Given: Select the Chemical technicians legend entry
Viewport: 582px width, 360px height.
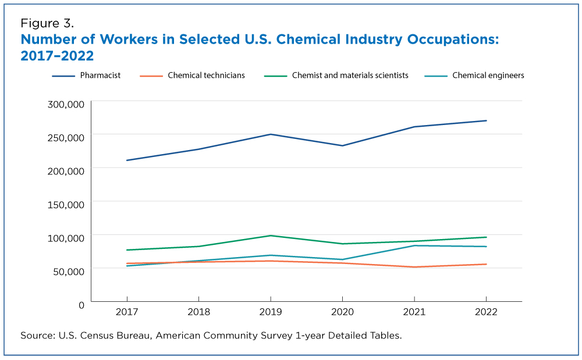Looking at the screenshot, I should tap(206, 76).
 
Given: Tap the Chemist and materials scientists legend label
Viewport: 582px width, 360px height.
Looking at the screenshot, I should tap(350, 76).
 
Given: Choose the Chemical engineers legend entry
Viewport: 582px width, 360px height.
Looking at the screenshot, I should tap(488, 76).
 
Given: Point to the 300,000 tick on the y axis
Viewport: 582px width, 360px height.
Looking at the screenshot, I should tap(66, 105).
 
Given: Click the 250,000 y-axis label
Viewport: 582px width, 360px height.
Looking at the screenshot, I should tap(66, 138).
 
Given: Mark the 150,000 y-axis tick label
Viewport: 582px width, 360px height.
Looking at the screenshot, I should tap(66, 205).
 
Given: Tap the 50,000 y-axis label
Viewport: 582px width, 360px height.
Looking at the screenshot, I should tap(68, 272).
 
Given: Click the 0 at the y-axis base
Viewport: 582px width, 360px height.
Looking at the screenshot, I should tap(81, 305).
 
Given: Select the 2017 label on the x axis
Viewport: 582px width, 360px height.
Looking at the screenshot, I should tap(127, 312).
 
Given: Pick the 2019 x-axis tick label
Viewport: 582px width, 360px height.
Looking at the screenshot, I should tap(271, 312).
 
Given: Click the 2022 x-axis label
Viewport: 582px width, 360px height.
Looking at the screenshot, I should tap(486, 312).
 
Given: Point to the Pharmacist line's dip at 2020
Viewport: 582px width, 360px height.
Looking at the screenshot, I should tap(342, 145).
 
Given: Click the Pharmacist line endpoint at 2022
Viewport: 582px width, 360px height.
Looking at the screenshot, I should tap(486, 120).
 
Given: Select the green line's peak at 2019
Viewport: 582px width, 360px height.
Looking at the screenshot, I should tap(271, 236).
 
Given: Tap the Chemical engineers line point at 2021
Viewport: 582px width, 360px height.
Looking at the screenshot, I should tap(414, 245).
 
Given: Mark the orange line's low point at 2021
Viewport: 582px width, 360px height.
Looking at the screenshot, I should tap(414, 267).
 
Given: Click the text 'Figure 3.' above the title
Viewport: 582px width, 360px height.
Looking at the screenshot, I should tap(47, 24).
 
